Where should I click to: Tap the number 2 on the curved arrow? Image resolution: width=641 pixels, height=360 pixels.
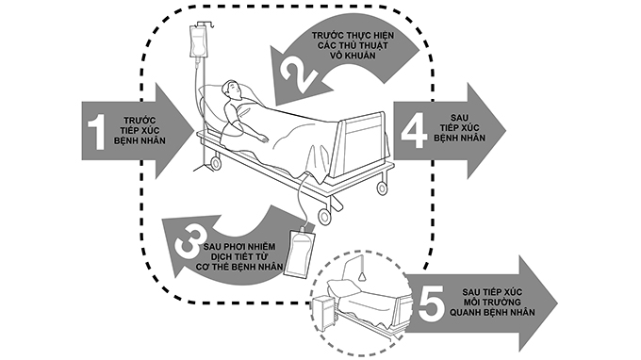[x=295, y=69]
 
